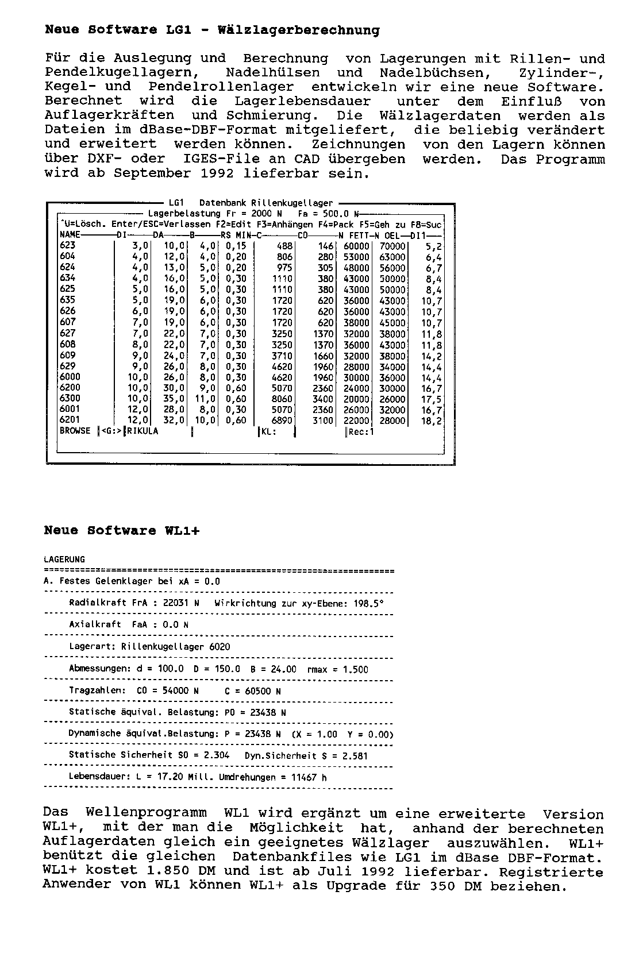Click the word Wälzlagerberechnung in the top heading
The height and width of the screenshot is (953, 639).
[x=298, y=30]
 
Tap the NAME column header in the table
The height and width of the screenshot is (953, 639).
[x=70, y=235]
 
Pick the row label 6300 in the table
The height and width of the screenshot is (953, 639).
[x=70, y=399]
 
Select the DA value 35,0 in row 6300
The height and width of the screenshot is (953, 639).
[x=173, y=399]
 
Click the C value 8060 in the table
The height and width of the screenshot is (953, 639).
[x=282, y=399]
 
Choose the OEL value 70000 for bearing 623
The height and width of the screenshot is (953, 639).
[x=392, y=246]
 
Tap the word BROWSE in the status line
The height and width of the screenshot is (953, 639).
[x=75, y=431]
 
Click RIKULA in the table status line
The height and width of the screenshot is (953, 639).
[x=143, y=431]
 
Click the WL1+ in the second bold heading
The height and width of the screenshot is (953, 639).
[x=182, y=531]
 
